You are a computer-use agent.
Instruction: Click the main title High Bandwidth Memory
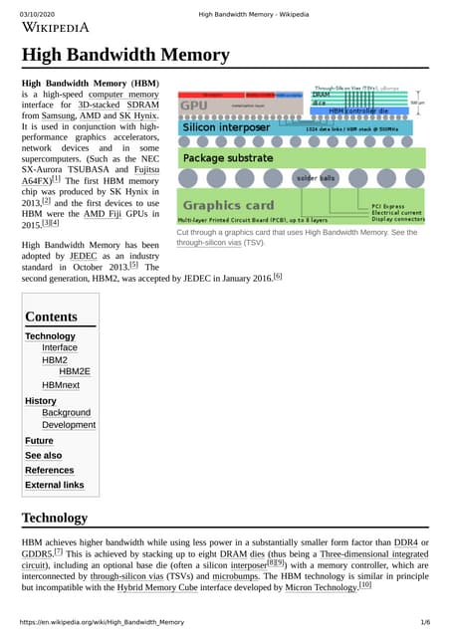click(x=125, y=55)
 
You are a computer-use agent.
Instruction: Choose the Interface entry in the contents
click(x=59, y=348)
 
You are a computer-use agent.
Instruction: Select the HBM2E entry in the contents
click(x=75, y=371)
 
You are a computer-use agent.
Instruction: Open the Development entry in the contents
click(x=69, y=425)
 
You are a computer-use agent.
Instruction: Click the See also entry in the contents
click(x=43, y=455)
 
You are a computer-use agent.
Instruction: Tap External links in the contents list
click(x=54, y=485)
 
